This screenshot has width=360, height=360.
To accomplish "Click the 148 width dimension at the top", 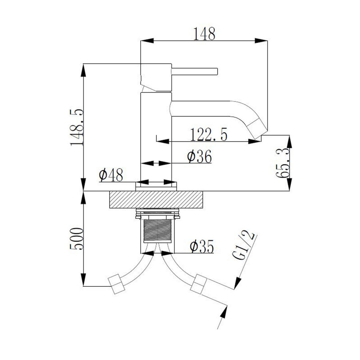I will [x=204, y=34].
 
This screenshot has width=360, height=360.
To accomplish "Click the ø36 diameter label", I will [x=199, y=156].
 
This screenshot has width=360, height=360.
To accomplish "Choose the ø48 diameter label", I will [x=111, y=175].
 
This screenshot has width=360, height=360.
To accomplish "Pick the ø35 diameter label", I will [x=201, y=246].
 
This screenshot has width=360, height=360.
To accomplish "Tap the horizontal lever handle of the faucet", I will [x=194, y=72].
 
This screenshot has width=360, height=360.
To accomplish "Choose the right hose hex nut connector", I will [x=198, y=286].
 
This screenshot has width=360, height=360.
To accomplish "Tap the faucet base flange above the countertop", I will [x=156, y=185].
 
